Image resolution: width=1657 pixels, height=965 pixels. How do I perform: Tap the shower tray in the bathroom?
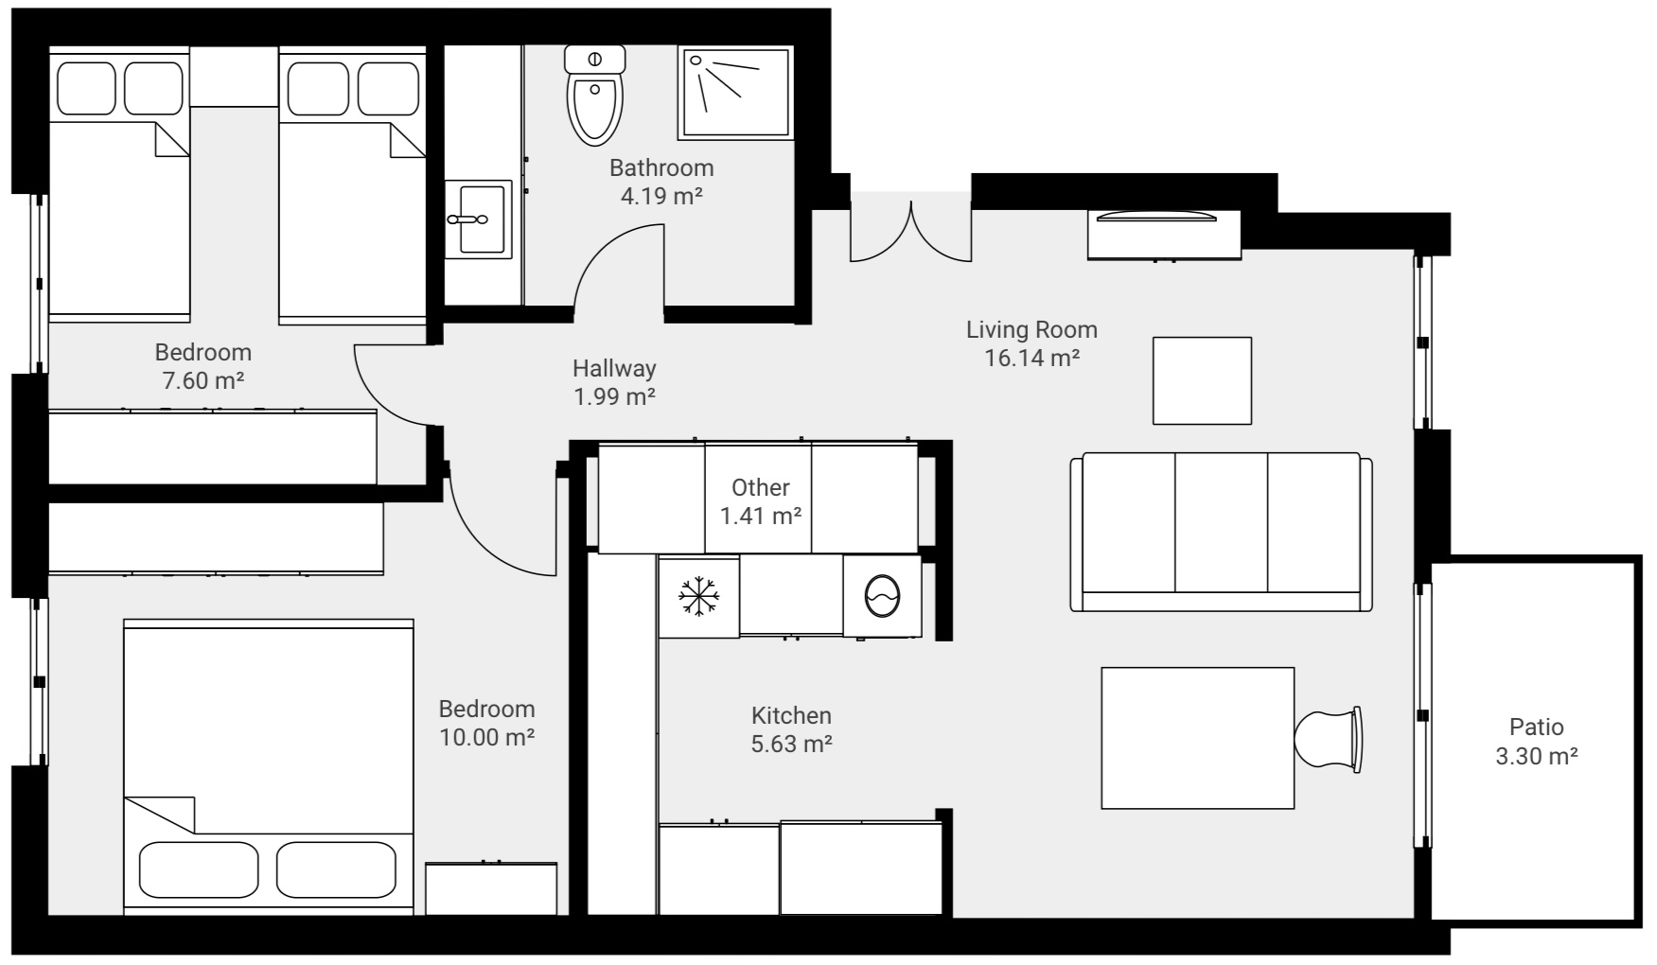pos(734,93)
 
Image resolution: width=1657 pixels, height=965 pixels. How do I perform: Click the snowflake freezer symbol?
pos(699,596)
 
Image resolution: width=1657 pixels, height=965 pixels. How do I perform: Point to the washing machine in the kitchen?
pos(882,596)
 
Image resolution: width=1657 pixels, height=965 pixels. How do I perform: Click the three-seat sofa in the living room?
pos(1221,532)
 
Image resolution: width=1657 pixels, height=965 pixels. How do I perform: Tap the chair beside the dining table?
pos(1329,739)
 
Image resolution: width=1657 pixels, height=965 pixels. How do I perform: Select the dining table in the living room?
pos(1197,738)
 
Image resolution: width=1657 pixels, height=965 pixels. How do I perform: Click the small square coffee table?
pos(1202,380)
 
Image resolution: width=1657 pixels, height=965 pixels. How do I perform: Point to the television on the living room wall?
pos(1155,217)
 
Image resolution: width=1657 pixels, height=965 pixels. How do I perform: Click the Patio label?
pos(1536,727)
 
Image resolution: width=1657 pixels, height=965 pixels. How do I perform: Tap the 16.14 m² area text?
pos(1031,359)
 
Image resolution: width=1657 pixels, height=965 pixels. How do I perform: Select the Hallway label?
pos(614,368)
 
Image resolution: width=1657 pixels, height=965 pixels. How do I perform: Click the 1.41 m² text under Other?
pos(761,517)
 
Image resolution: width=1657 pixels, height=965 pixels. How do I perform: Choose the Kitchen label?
pos(791,715)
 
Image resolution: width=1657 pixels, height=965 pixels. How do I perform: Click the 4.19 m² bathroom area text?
pos(661,197)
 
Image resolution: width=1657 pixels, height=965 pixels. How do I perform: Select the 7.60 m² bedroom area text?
pos(203,381)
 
